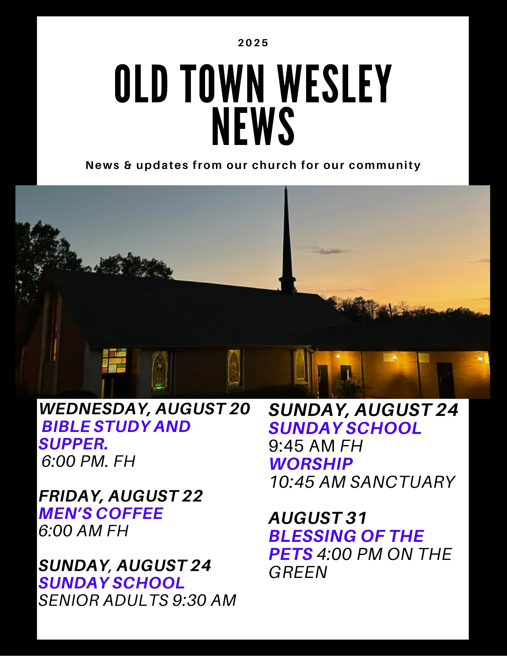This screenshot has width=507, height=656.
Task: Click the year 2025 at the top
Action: (253, 43)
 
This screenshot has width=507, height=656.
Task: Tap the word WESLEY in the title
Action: (334, 84)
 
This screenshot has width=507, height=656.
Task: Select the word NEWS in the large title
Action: (253, 126)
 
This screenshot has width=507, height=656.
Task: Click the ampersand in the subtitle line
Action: (128, 165)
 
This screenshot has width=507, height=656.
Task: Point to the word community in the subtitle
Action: (385, 165)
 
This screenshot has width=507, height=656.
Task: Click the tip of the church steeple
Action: (286, 186)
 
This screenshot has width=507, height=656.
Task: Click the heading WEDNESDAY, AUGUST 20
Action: (144, 409)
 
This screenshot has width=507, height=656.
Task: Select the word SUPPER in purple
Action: (73, 444)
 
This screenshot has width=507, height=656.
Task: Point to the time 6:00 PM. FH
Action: (88, 461)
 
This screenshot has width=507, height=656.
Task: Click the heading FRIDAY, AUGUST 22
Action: (121, 496)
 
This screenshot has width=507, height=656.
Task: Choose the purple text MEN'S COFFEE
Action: (101, 513)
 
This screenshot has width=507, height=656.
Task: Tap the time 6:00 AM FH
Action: (83, 531)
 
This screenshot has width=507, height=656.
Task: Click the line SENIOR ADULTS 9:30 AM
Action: (137, 601)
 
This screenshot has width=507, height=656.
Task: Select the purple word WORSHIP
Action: (311, 464)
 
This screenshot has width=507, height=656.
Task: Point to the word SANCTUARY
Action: (403, 482)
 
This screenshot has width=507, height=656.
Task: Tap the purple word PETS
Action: (291, 554)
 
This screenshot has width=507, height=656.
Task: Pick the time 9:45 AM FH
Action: (316, 446)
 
